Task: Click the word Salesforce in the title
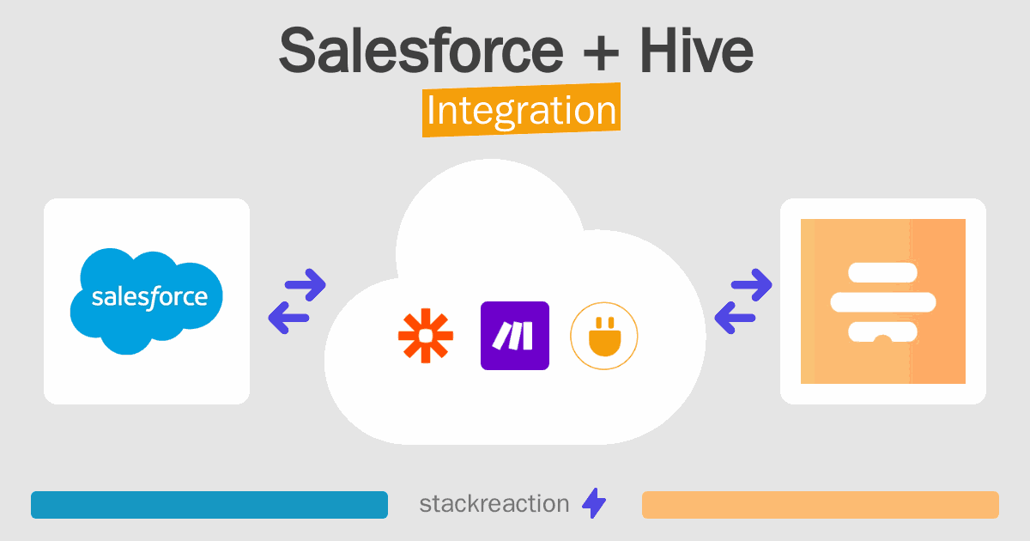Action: [x=421, y=52]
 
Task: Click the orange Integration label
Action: [x=521, y=112]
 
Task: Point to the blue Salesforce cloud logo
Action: [x=148, y=299]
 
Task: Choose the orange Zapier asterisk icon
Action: [x=426, y=336]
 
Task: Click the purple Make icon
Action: [x=514, y=336]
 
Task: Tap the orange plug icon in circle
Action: [x=603, y=336]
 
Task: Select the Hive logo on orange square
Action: [x=882, y=301]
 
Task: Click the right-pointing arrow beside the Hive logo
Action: [x=752, y=284]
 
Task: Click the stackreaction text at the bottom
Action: [x=494, y=504]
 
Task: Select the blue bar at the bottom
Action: [x=209, y=505]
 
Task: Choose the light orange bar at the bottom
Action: [x=820, y=505]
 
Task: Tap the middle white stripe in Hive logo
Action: [x=882, y=301]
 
